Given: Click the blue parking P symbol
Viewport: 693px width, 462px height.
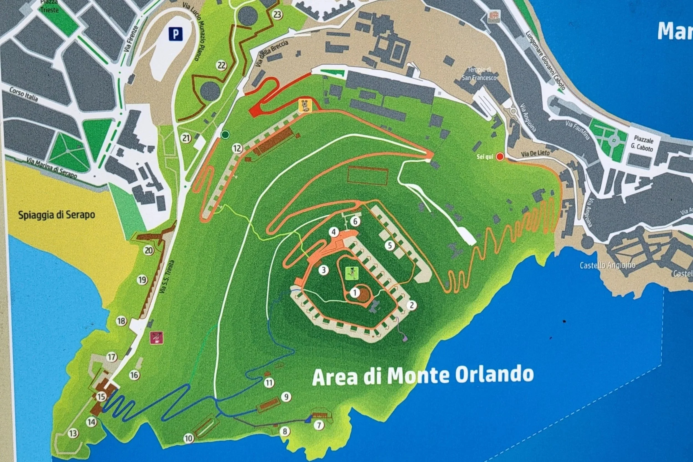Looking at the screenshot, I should click(176, 34).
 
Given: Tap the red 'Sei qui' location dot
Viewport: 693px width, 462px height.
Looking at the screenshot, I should click(500, 156).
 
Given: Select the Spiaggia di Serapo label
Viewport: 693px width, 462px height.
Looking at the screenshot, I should click(57, 215).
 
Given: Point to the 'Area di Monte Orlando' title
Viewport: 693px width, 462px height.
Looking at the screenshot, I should click(423, 376).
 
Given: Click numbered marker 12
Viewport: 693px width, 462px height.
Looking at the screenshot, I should click(237, 148).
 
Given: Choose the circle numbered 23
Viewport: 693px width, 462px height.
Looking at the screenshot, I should click(277, 14).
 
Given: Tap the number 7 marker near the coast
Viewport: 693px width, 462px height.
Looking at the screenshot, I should click(319, 425).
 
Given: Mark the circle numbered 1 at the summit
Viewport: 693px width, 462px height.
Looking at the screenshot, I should click(355, 293).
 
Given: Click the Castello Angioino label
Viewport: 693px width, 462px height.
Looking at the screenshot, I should click(608, 265).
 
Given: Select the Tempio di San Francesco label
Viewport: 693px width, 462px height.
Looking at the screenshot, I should click(479, 74).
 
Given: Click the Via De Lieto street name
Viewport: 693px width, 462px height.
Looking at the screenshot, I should click(535, 153).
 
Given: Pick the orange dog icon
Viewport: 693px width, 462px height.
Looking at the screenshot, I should click(305, 105).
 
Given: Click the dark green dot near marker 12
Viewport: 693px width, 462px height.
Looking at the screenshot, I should click(225, 135).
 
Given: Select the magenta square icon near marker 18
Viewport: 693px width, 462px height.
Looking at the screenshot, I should click(156, 338).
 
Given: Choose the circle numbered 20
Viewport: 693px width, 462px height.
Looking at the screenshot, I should click(149, 250).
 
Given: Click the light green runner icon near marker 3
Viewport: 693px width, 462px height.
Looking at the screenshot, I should click(352, 273).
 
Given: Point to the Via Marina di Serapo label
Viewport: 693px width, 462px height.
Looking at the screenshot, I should click(52, 168).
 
